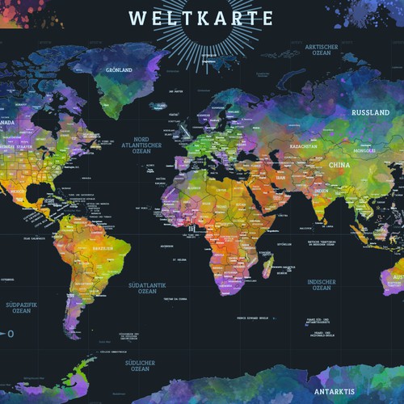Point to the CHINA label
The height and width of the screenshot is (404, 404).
(x=338, y=164)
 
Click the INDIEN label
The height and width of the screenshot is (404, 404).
(x=321, y=191)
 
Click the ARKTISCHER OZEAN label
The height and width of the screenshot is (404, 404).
(x=320, y=51)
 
